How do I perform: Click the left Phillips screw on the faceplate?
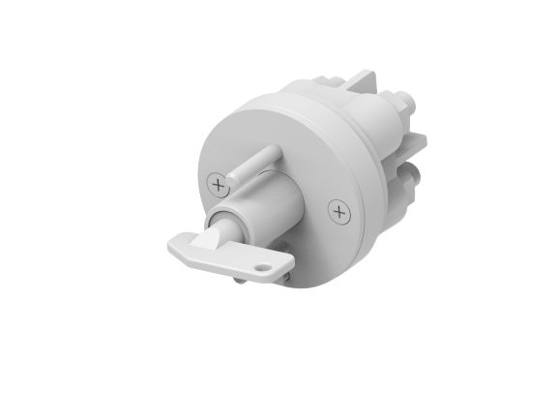[x=221, y=180]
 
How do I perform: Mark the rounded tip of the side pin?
[x=275, y=151]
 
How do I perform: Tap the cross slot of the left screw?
[x=221, y=180]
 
